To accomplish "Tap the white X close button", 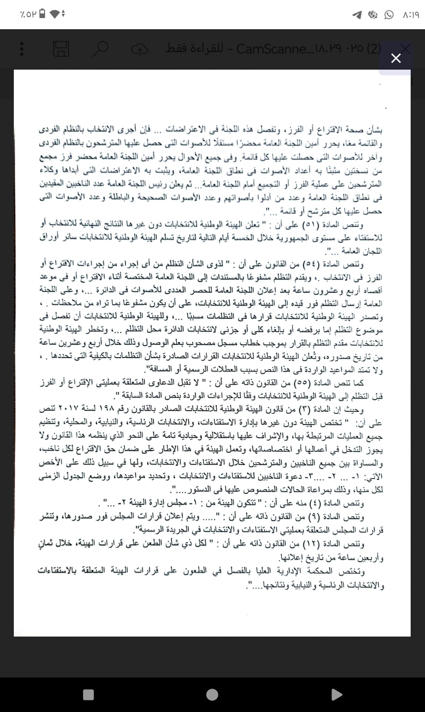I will tap(396, 58).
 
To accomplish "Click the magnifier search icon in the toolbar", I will tap(100, 49).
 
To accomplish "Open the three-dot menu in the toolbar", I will tap(22, 49).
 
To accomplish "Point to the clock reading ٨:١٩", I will tap(408, 15).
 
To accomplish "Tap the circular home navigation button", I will tap(212, 694).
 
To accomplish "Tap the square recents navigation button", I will tap(89, 694).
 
